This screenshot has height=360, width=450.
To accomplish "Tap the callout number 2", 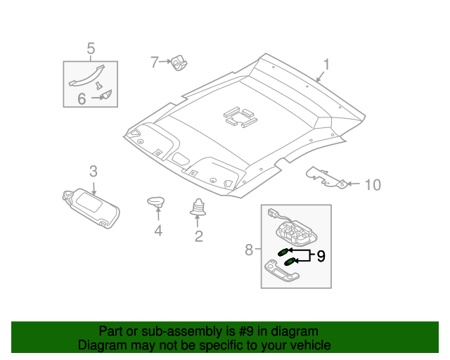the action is coord(198,236).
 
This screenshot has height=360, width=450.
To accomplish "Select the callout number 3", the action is coord(93,170).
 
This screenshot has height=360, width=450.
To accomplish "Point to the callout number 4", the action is coord(158,231).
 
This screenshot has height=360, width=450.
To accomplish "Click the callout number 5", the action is coord(91,48).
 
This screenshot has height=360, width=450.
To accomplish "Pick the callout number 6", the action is coord(82,99).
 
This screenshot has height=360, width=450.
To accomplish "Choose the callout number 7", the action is coord(155,62).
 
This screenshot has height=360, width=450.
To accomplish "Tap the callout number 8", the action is coord(248,249).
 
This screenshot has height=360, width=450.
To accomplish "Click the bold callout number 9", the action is coord(321,256).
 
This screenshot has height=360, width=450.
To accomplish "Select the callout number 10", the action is coord(372,185).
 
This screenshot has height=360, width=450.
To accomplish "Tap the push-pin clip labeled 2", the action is coord(198,207).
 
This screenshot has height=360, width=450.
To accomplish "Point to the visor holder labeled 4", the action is coord(156,202).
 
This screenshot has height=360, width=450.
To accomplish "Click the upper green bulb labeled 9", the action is coord(283,251).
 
